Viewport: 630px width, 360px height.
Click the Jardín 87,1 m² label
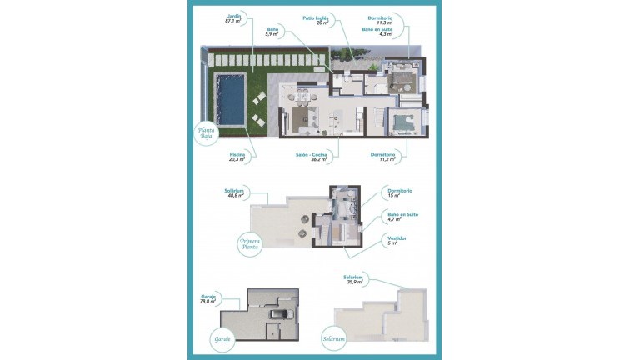pyautogui.click(x=233, y=18)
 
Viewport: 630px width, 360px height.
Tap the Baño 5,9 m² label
pyautogui.click(x=271, y=32)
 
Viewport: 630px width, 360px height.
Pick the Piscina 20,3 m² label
pyautogui.click(x=237, y=158)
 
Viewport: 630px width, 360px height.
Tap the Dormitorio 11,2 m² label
pyautogui.click(x=385, y=158)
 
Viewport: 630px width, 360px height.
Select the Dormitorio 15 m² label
pyautogui.click(x=400, y=194)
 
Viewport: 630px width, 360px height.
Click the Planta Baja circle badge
pyautogui.click(x=205, y=133)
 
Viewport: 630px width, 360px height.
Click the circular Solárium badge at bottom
pyautogui.click(x=333, y=339)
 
